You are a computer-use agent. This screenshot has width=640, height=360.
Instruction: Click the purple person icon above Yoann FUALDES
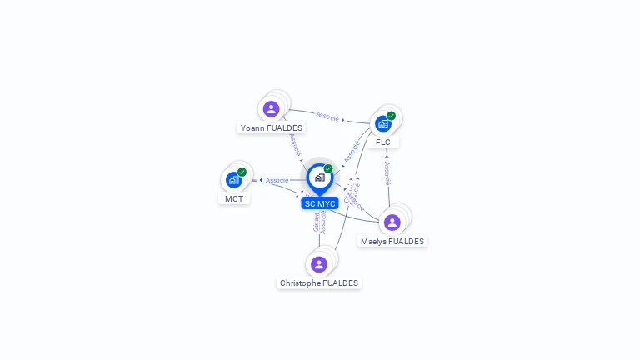tap(271, 109)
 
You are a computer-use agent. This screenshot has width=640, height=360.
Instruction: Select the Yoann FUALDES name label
tap(272, 128)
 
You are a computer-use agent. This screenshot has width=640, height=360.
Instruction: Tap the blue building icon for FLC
tap(382, 123)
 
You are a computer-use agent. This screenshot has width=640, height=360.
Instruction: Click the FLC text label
tap(383, 142)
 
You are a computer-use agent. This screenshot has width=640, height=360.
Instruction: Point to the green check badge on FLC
tap(391, 116)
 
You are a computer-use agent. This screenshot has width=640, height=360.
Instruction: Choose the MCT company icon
tap(233, 180)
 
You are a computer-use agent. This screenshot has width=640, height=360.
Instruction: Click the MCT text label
tap(234, 198)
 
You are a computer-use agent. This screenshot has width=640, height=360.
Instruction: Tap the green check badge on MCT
tap(242, 172)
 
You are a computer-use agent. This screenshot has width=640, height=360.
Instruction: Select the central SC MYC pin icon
tap(319, 177)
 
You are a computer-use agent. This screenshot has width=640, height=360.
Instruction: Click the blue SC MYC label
tap(320, 203)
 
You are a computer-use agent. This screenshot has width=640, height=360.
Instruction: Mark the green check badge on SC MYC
tap(328, 169)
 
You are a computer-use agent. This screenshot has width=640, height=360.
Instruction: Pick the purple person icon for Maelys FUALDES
tap(392, 222)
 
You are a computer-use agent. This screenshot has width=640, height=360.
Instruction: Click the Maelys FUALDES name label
tap(392, 242)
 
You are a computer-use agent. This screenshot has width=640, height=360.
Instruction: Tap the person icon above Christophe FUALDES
tap(318, 265)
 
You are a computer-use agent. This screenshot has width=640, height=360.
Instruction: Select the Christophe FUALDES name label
tap(319, 283)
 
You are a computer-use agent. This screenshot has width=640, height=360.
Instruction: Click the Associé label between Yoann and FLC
tap(327, 117)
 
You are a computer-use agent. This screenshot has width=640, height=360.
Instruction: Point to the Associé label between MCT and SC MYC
tap(277, 180)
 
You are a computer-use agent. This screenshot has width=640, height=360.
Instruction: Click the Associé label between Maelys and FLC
tap(387, 172)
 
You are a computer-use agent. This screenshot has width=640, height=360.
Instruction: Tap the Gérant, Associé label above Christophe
tap(320, 222)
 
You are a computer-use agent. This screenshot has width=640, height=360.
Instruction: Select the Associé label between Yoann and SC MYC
tap(295, 144)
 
